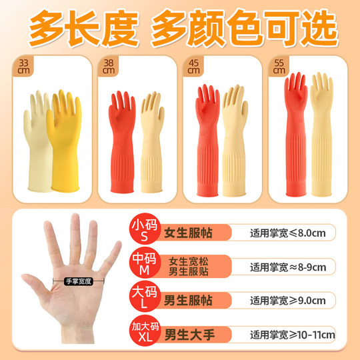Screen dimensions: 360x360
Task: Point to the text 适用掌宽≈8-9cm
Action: [289, 268]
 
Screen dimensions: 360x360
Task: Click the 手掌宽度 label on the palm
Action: [78, 281]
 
